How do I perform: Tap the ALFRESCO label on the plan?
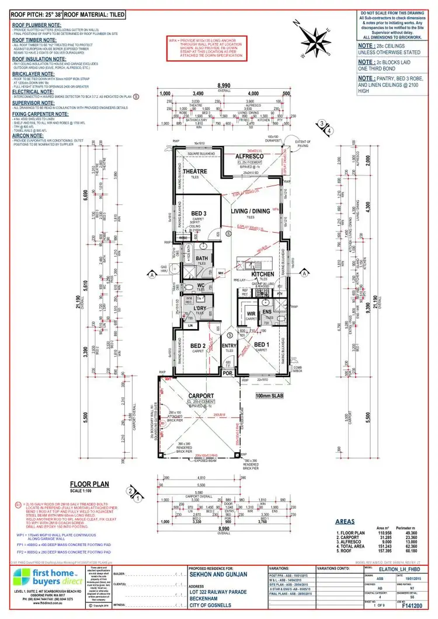coord(251,156)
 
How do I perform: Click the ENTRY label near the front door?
coord(228,345)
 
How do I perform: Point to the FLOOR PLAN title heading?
coord(90,484)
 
